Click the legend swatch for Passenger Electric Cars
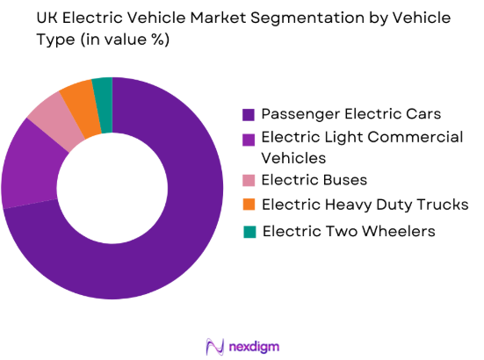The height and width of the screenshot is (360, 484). click(249, 114)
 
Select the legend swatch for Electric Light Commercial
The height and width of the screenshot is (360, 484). click(249, 137)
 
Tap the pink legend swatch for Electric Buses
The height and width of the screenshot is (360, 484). click(249, 182)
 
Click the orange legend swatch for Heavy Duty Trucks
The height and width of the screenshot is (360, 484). click(249, 205)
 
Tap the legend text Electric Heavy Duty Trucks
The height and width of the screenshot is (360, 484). click(365, 205)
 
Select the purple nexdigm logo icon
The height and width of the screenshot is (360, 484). click(213, 344)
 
